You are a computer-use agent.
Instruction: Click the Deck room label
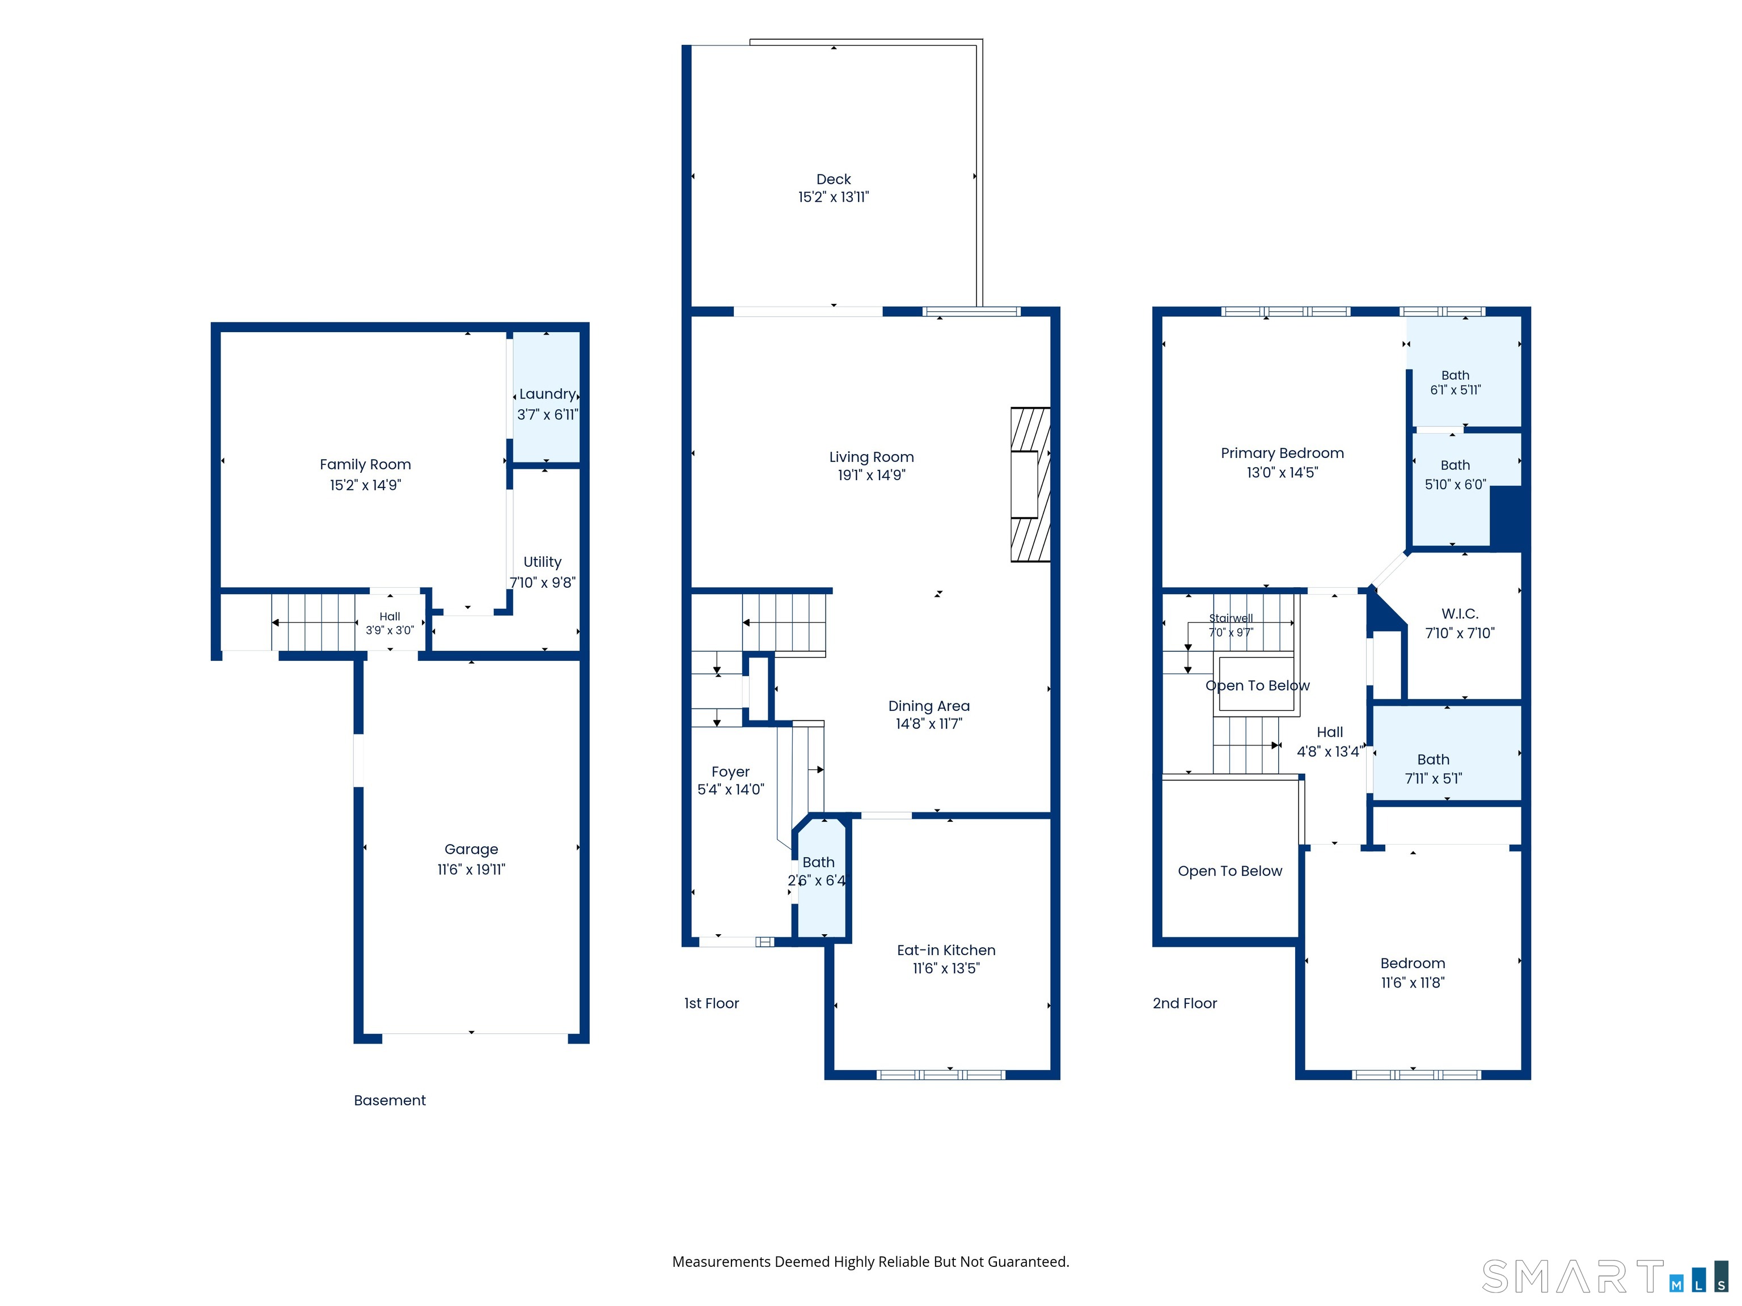833,180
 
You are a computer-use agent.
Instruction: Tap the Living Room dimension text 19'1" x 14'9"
871,474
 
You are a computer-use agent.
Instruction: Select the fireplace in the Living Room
1030,484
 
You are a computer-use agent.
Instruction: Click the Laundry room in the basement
547,397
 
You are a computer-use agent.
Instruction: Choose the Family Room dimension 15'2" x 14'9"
365,485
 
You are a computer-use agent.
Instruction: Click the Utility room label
543,562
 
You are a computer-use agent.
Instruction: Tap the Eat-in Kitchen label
946,950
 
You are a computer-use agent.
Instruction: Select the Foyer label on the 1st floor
730,772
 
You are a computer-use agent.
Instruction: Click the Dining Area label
928,706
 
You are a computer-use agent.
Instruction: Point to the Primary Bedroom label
1282,453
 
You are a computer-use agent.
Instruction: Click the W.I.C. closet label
1459,614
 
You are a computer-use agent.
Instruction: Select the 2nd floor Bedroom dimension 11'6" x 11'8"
1413,982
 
